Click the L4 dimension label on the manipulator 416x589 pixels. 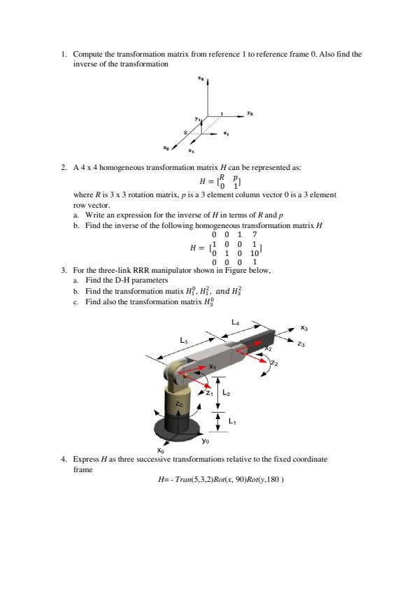(x=235, y=322)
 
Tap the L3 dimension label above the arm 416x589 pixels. (x=183, y=341)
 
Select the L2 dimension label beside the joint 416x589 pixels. (x=226, y=393)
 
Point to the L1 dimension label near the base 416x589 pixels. (x=232, y=422)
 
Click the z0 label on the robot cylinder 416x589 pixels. (x=179, y=404)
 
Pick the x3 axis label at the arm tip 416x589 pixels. (x=304, y=328)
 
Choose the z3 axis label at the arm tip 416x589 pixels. (x=301, y=343)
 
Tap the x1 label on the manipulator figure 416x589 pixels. (x=213, y=367)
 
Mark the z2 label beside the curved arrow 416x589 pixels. (x=275, y=363)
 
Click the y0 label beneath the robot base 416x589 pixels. (x=206, y=441)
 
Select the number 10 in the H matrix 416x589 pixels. (x=254, y=253)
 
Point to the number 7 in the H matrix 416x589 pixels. (x=254, y=234)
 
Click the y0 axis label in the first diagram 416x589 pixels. (x=250, y=113)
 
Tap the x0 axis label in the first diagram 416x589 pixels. (x=166, y=148)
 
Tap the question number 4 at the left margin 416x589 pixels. (x=64, y=459)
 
